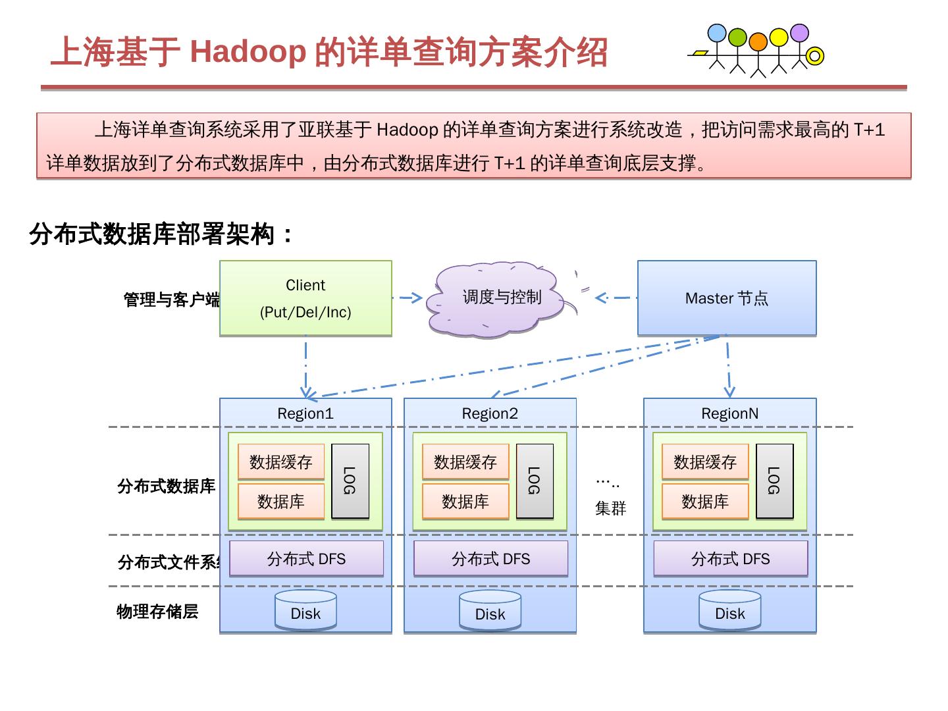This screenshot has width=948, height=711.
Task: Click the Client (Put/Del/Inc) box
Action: (x=305, y=298)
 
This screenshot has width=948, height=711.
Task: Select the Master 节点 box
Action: (x=727, y=298)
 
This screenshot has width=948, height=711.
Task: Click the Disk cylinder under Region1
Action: (x=305, y=611)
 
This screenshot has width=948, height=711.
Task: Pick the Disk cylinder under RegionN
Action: (x=730, y=611)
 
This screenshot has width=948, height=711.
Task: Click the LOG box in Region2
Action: (x=535, y=481)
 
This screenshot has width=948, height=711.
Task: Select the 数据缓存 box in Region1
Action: (x=281, y=462)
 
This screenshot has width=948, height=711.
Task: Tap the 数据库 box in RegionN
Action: (x=705, y=502)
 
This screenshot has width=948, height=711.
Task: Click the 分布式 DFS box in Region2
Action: (x=490, y=559)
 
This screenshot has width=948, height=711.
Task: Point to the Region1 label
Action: (x=305, y=413)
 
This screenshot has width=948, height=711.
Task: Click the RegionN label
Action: (x=730, y=413)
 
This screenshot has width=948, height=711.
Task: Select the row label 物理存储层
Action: (x=157, y=612)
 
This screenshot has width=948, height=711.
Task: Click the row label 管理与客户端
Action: (x=172, y=300)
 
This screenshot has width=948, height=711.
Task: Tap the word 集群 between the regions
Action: (x=610, y=508)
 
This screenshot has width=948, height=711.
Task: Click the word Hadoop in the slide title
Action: (x=248, y=51)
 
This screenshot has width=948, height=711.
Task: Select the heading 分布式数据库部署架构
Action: (x=161, y=234)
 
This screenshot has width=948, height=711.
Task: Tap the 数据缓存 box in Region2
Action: (x=465, y=462)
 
